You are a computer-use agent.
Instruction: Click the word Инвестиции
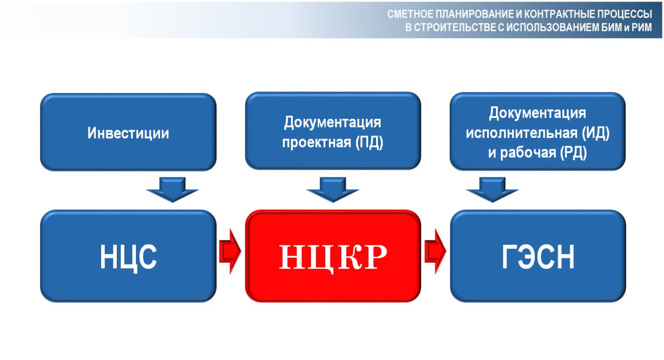pyautogui.click(x=128, y=133)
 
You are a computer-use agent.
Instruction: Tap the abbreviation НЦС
pyautogui.click(x=128, y=257)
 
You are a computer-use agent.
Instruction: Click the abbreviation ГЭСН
pyautogui.click(x=538, y=257)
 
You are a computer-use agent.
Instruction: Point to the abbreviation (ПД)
pyautogui.click(x=369, y=142)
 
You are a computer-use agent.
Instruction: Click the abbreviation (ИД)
pyautogui.click(x=595, y=133)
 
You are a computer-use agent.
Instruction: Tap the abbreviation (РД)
pyautogui.click(x=573, y=153)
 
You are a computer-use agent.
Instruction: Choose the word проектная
pyautogui.click(x=316, y=143)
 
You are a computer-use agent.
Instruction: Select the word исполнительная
pyautogui.click(x=522, y=133)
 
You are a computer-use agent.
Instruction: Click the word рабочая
pyautogui.click(x=528, y=153)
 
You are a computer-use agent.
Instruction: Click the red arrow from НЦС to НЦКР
pyautogui.click(x=230, y=252)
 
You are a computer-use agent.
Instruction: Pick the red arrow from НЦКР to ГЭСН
pyautogui.click(x=435, y=252)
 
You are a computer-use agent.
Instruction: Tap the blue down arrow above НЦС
pyautogui.click(x=172, y=190)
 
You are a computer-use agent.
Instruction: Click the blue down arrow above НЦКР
pyautogui.click(x=333, y=190)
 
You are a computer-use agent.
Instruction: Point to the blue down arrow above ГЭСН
pyautogui.click(x=492, y=190)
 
